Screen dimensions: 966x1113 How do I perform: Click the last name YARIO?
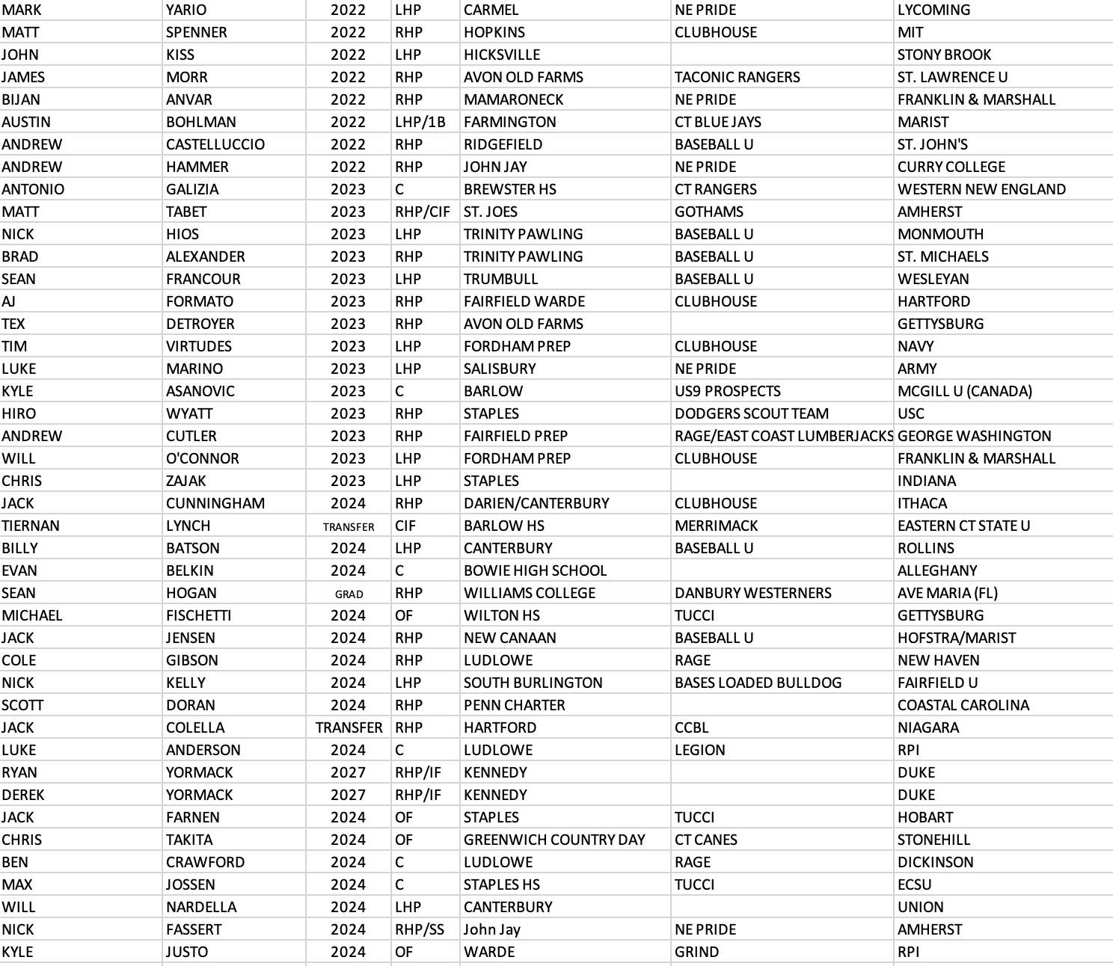[186, 10]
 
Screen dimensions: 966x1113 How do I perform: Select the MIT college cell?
[910, 32]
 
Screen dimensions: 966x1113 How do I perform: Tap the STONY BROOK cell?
[944, 55]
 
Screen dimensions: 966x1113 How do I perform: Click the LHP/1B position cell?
[420, 122]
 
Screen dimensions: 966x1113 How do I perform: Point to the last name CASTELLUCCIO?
[215, 144]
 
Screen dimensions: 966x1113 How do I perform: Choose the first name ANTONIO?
[33, 189]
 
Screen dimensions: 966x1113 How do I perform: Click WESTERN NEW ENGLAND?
[981, 189]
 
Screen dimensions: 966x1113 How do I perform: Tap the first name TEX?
[13, 324]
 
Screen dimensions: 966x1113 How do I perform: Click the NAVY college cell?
[916, 346]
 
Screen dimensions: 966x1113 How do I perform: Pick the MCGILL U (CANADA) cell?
[964, 391]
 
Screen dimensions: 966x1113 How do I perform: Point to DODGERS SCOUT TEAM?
[751, 413]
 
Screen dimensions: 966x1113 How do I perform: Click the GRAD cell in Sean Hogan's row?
[349, 594]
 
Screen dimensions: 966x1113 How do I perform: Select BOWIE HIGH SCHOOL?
[535, 570]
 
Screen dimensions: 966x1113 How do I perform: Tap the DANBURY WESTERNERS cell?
[752, 593]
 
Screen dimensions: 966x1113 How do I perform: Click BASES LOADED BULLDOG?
[758, 683]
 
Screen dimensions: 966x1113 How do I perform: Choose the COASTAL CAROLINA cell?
[963, 705]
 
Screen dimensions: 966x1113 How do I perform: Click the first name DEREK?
[23, 795]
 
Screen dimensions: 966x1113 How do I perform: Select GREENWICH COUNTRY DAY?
[554, 840]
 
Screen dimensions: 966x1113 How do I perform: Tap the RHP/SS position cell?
[419, 929]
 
